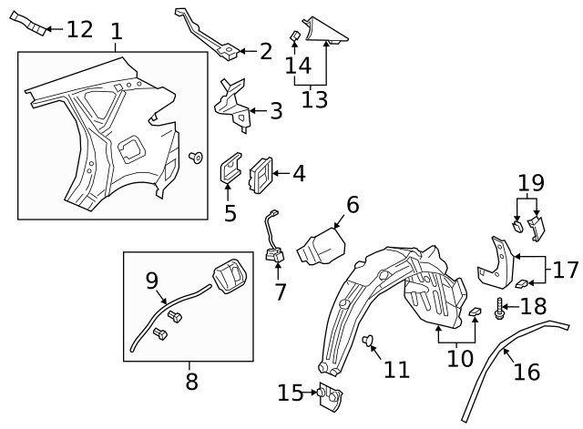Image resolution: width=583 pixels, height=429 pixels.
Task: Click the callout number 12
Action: click(79, 29)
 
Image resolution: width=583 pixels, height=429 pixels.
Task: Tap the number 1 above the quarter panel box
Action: click(116, 33)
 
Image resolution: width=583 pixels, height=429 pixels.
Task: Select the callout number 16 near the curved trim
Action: click(527, 371)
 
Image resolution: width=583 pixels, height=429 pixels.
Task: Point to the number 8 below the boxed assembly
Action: click(190, 381)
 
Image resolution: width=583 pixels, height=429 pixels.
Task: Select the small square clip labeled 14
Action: click(295, 36)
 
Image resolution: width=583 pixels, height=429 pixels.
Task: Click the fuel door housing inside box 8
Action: click(230, 274)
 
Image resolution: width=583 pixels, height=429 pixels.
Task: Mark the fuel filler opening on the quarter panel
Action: click(130, 146)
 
